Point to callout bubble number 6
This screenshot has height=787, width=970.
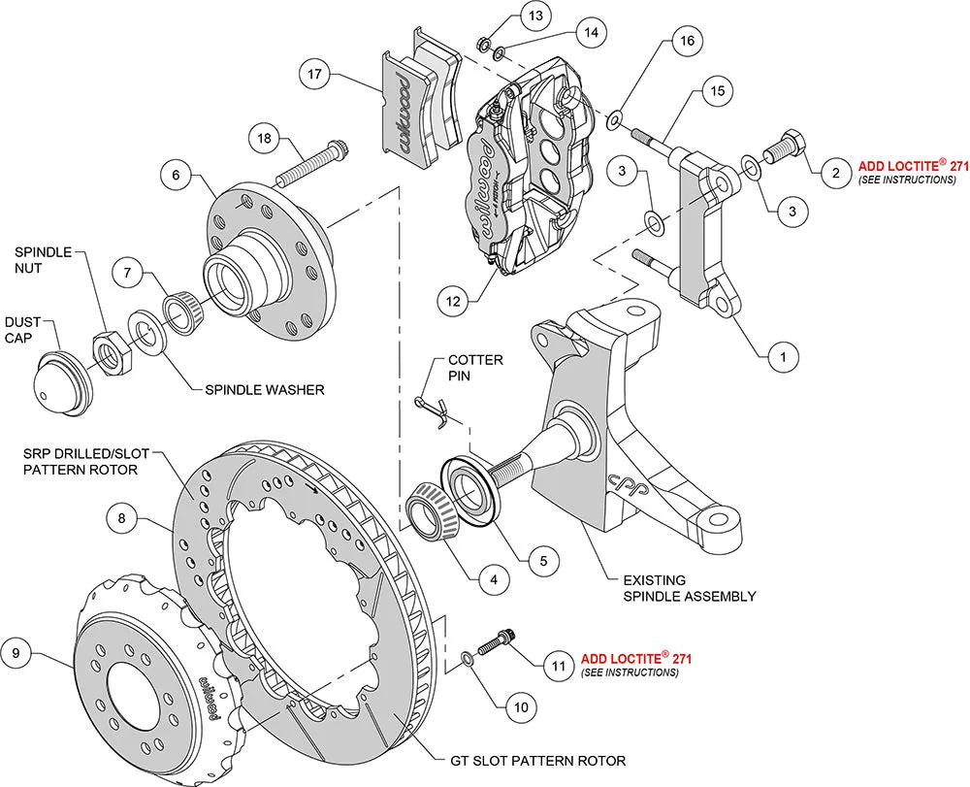tap(176, 176)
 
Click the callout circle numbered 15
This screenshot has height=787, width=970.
tap(716, 90)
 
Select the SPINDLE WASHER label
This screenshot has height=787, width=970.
tap(265, 390)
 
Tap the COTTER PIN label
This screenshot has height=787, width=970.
tap(474, 368)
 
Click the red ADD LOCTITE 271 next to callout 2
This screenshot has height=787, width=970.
tap(914, 167)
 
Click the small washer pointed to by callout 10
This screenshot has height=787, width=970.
tap(468, 659)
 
